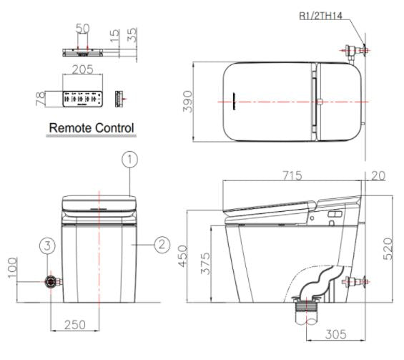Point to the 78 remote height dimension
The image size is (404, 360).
[x=39, y=97]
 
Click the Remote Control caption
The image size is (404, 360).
[x=92, y=127]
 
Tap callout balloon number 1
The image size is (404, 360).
[x=129, y=160]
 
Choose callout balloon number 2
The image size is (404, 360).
[x=162, y=244]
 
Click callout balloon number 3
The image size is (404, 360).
[x=46, y=245]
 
